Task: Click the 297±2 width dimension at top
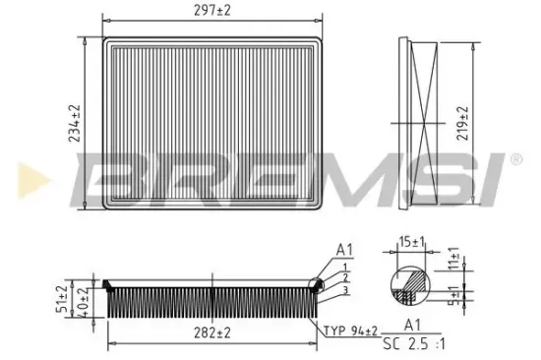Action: point(211,9)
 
